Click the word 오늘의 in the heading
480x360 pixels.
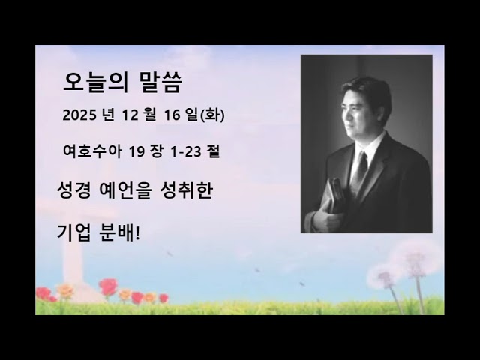pos(88,82)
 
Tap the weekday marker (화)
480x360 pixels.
pos(213,116)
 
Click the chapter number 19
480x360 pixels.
pos(136,151)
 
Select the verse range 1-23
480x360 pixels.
pos(186,151)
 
